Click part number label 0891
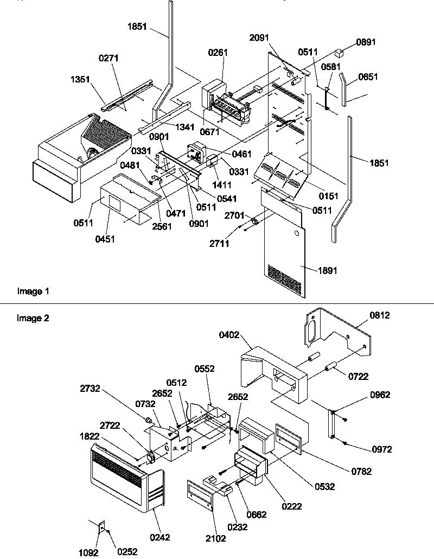point(365,42)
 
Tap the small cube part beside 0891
point(340,53)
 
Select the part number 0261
point(218,53)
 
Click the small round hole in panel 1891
point(296,234)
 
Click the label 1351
point(80,79)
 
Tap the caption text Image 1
point(33,291)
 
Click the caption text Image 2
point(33,319)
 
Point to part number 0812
point(380,315)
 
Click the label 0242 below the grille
point(159,537)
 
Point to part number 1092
point(88,552)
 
